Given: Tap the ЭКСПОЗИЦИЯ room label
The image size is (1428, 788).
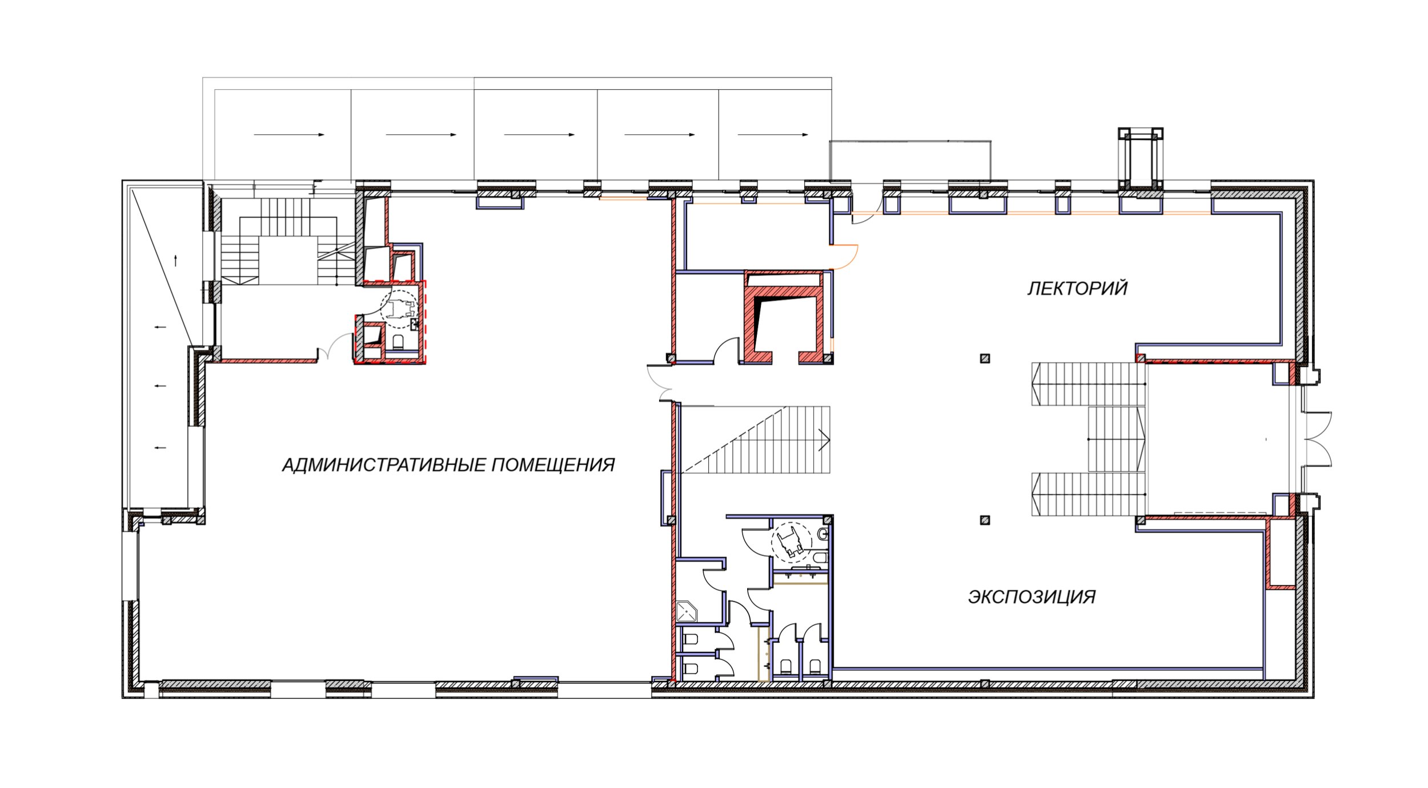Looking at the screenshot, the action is pyautogui.click(x=1032, y=597).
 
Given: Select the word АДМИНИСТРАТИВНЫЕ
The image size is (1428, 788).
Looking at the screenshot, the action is pyautogui.click(x=383, y=465).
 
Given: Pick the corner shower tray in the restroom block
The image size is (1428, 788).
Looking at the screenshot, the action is pyautogui.click(x=687, y=611).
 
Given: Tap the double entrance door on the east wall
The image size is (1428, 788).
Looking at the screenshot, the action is pyautogui.click(x=1317, y=439).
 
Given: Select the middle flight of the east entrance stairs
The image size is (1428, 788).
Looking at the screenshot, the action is pyautogui.click(x=1117, y=439).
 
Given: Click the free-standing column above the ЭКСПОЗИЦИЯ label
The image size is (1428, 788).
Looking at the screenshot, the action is pyautogui.click(x=984, y=520).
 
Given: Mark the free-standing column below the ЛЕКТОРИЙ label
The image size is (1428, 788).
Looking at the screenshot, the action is pyautogui.click(x=984, y=359).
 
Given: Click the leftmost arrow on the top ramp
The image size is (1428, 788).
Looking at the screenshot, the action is pyautogui.click(x=289, y=135).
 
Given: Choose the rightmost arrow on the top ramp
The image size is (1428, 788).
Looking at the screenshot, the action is pyautogui.click(x=773, y=135).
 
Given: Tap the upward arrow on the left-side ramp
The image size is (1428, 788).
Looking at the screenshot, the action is pyautogui.click(x=175, y=261).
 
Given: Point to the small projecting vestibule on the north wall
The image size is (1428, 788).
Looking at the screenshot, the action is pyautogui.click(x=1141, y=159).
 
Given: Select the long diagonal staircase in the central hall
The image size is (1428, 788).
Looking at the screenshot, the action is pyautogui.click(x=757, y=440).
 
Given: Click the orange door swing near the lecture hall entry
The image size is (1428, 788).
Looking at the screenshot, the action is pyautogui.click(x=845, y=257).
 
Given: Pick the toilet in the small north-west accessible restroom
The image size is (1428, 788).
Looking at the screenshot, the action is pyautogui.click(x=399, y=342).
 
